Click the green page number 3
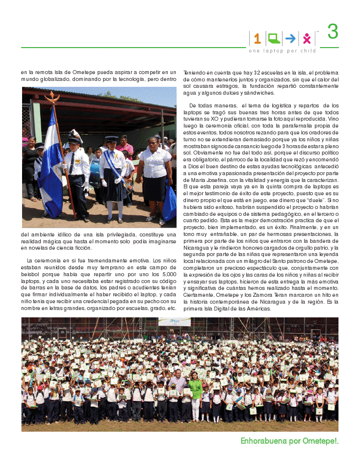click(x=333, y=32)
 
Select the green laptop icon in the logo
click(x=274, y=38)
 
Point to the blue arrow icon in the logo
click(x=290, y=38)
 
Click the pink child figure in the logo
click(x=307, y=38)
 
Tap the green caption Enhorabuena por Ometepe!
click(x=289, y=441)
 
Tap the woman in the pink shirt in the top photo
click(x=125, y=146)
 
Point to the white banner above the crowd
click(x=174, y=322)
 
